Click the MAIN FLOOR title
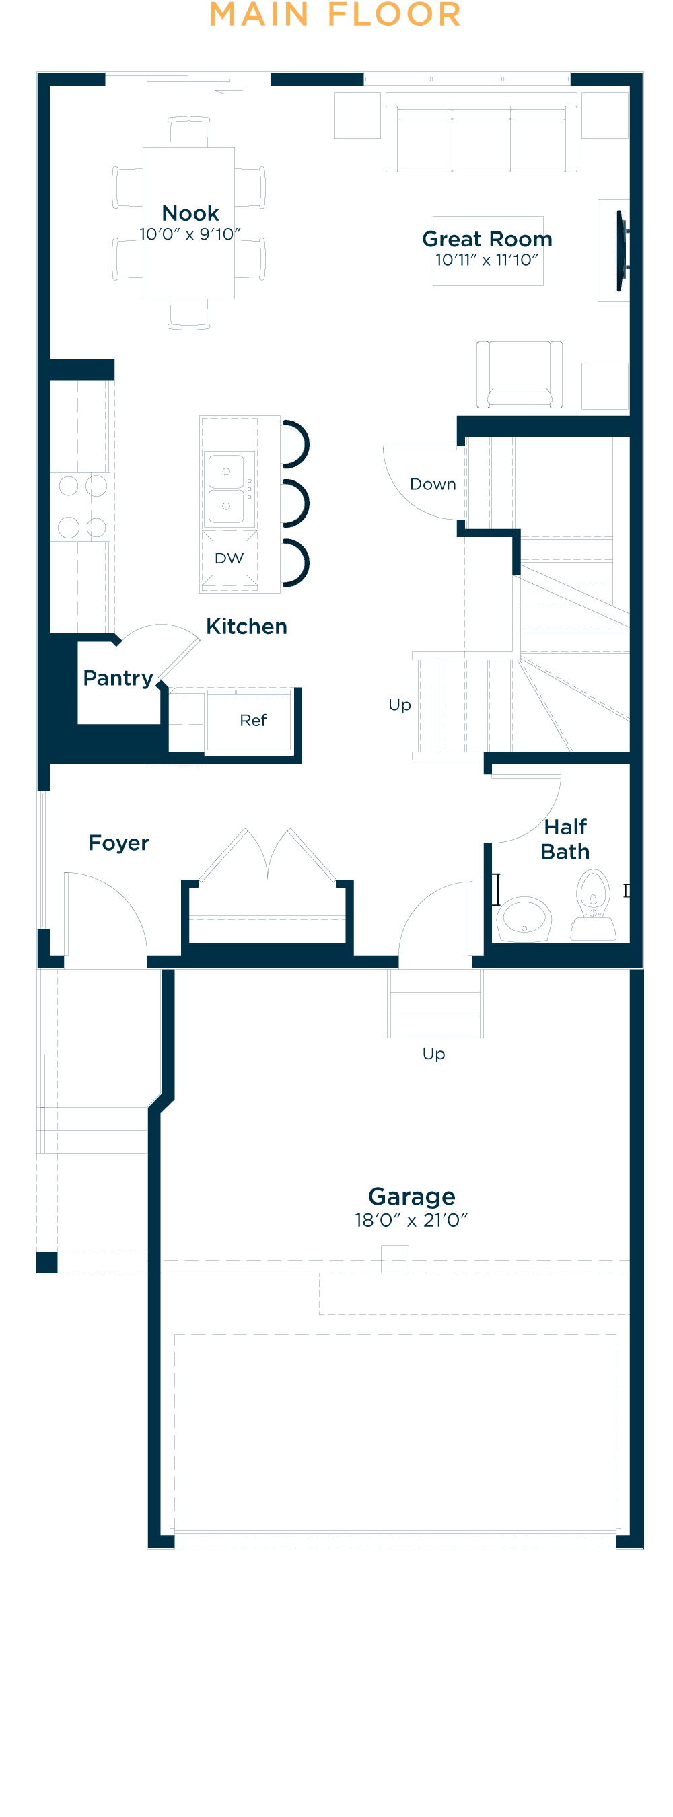point(336,15)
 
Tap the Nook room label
point(190,213)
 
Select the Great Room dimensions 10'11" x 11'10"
point(487,260)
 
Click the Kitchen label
point(246,627)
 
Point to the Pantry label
point(118,678)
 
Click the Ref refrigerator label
point(252,720)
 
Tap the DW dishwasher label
point(229,558)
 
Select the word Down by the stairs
point(433,484)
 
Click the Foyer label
point(118,843)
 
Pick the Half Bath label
point(565,839)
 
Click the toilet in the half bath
point(594,903)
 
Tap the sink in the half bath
point(524,918)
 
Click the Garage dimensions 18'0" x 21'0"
point(411,1220)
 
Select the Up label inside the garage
point(433,1054)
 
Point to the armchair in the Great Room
point(519,375)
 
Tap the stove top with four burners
point(82,507)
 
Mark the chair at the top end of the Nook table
point(189,131)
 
